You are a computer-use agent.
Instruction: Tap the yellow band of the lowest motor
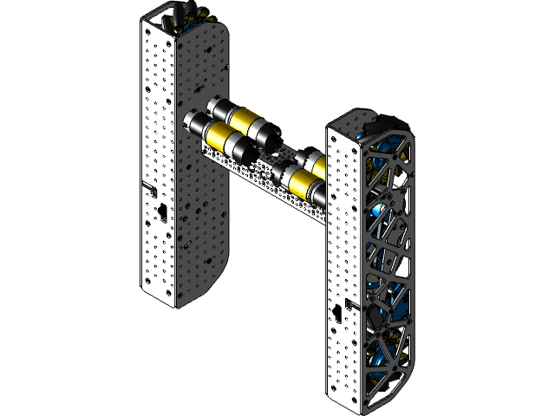tap(305, 184)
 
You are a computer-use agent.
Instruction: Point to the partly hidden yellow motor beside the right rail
tap(320, 162)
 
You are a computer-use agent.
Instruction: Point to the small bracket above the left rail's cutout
tap(148, 185)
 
